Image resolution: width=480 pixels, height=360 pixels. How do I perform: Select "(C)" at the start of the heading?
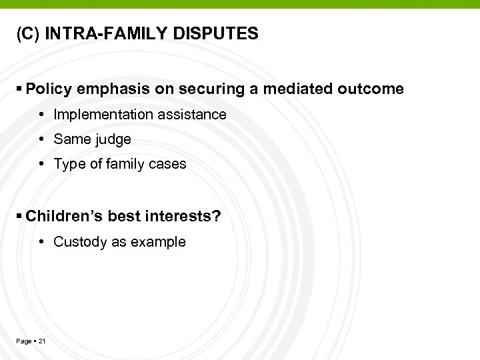click(29, 34)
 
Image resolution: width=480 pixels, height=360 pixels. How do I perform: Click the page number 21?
click(42, 341)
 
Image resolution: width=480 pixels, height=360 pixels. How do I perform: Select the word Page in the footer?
click(23, 341)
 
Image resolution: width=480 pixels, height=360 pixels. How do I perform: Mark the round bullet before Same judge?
click(41, 140)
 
